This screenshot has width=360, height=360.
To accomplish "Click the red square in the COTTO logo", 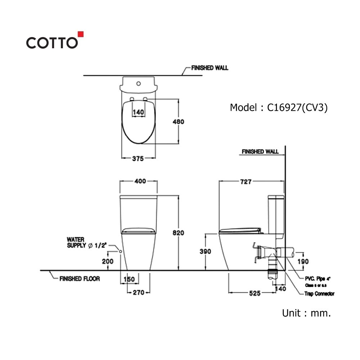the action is tap(81, 34).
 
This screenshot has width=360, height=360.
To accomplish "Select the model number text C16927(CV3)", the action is tap(297, 107).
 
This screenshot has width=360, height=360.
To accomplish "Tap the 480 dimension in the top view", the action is tap(179, 122).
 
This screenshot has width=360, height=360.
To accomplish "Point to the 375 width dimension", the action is tap(138, 159).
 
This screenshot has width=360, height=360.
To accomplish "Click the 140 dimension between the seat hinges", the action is tap(138, 112).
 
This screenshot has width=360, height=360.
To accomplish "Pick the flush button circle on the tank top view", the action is tap(139, 84).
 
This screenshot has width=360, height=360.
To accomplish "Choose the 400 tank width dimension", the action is tap(140, 181).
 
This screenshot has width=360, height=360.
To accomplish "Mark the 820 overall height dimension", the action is tap(179, 233).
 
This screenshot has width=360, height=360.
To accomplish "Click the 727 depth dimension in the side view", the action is tap(246, 181).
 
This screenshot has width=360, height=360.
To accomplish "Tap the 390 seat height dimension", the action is tap(205, 251).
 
